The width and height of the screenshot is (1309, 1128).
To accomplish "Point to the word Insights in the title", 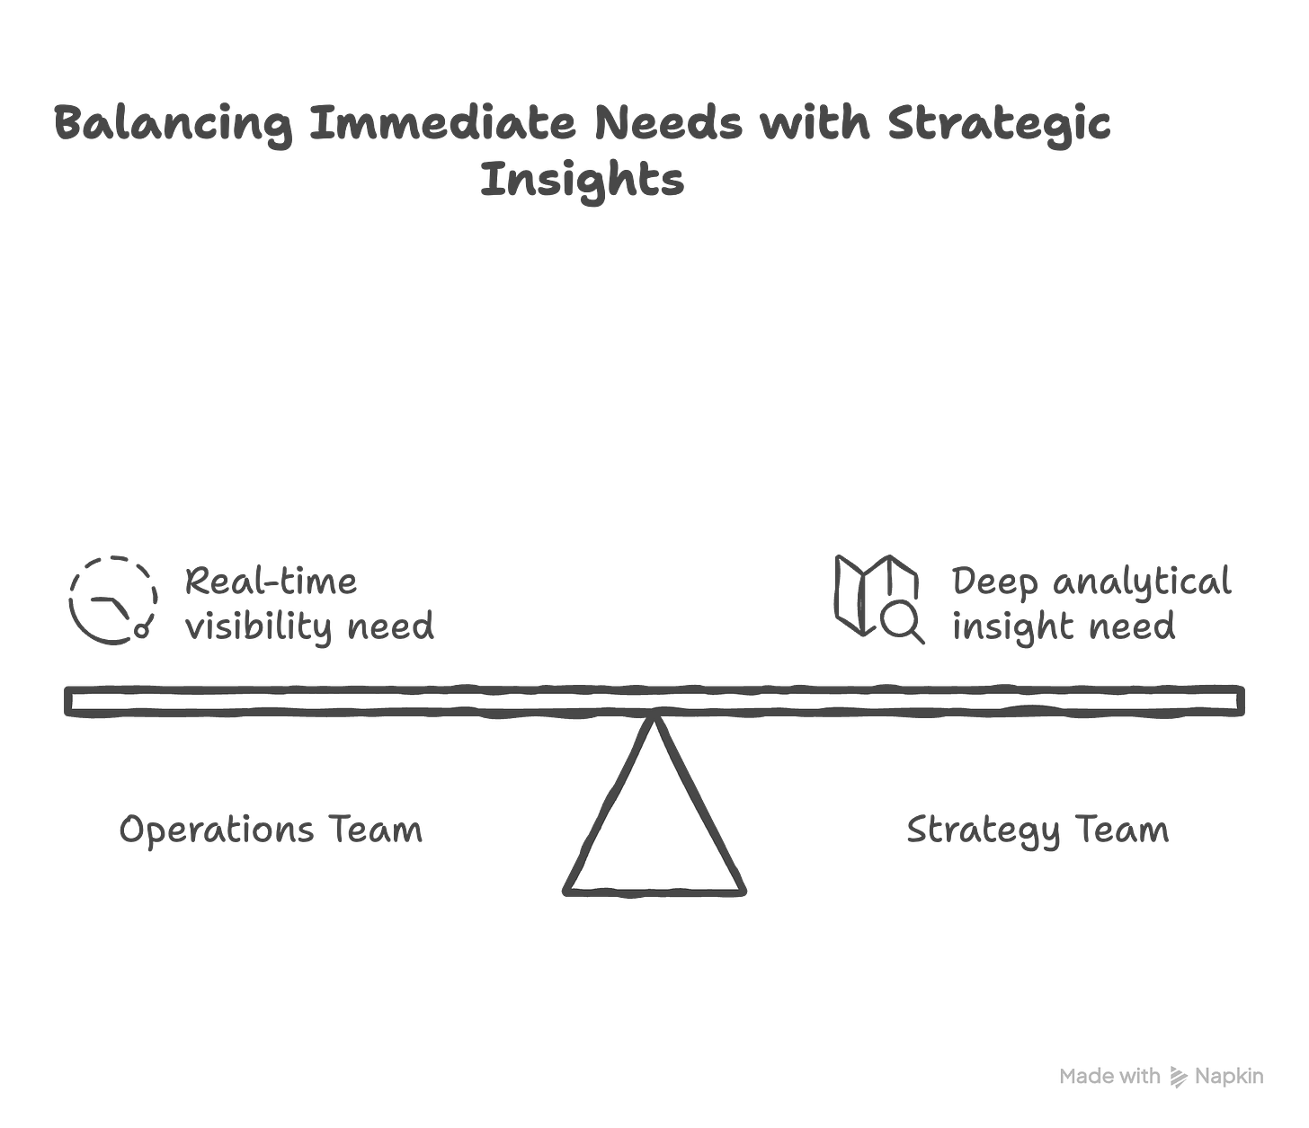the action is pos(583,180).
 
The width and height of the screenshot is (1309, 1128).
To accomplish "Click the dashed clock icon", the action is pos(114,600).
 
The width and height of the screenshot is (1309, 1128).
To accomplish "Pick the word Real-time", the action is pos(271,581).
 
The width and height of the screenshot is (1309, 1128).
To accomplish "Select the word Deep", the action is pos(994,582).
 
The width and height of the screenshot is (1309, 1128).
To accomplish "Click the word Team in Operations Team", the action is pos(378,830).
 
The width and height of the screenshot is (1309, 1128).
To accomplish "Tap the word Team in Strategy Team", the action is pos(1124,830).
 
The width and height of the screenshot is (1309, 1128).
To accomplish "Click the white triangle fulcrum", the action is pos(655,827).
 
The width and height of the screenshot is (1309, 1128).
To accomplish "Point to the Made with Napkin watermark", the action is pos(1162,1076).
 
